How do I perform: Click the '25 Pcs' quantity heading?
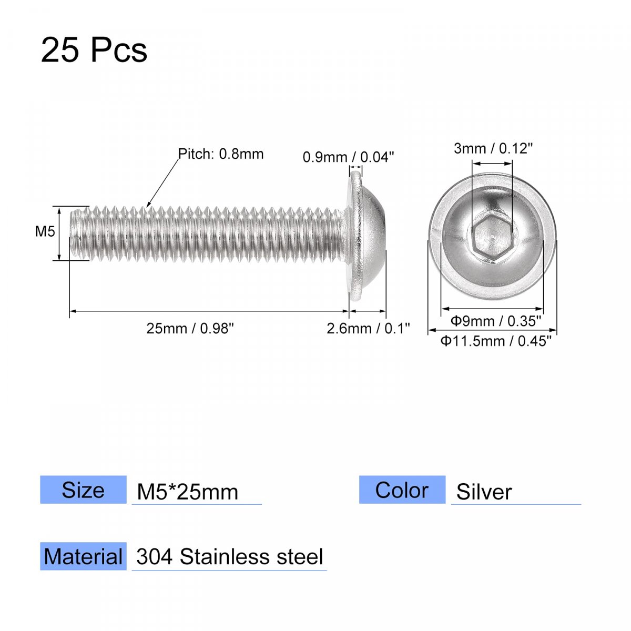click(x=94, y=50)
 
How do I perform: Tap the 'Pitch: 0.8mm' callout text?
click(x=221, y=154)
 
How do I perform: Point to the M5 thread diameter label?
click(x=45, y=231)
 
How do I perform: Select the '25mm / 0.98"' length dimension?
click(x=190, y=329)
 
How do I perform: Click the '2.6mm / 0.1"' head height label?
click(x=369, y=329)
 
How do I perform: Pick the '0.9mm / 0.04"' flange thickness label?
click(x=349, y=157)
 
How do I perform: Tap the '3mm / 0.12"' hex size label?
click(x=493, y=149)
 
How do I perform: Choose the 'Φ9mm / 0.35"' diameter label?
click(x=496, y=321)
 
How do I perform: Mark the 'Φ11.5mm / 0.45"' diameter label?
click(x=496, y=341)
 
